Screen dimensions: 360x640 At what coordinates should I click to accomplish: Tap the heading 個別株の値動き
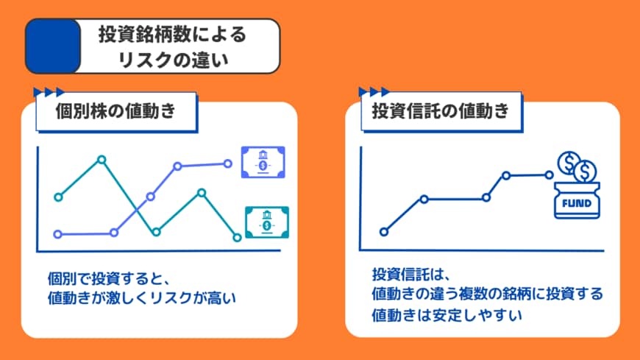(x=115, y=112)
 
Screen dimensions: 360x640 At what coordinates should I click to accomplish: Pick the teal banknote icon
(x=266, y=222)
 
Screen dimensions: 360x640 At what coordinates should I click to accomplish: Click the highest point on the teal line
(x=102, y=159)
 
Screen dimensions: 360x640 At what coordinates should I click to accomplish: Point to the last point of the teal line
(x=237, y=237)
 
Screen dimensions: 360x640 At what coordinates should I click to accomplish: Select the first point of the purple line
(x=58, y=234)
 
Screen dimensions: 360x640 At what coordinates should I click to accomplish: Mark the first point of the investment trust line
(x=383, y=231)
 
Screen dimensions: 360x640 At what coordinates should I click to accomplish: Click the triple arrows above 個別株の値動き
(x=49, y=92)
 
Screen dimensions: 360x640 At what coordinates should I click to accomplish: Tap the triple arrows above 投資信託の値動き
(x=374, y=92)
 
